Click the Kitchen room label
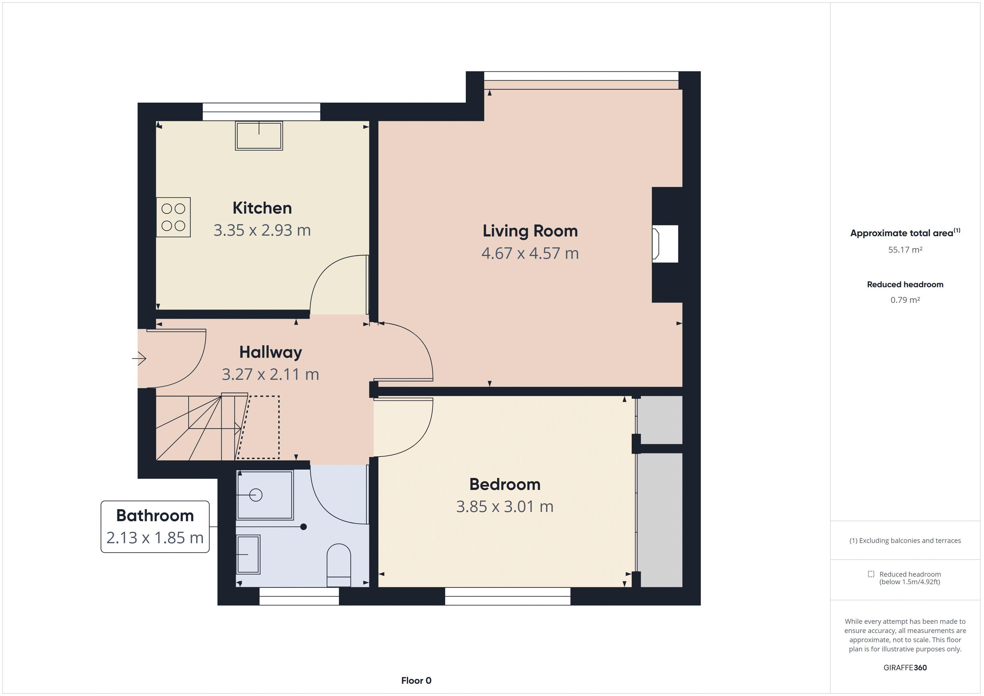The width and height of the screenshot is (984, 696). pyautogui.click(x=262, y=208)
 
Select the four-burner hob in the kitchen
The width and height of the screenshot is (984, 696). pyautogui.click(x=173, y=217)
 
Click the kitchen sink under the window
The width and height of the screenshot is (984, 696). pyautogui.click(x=259, y=136)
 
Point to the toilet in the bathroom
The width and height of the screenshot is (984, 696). pyautogui.click(x=339, y=565)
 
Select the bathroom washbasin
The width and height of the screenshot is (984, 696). pyautogui.click(x=248, y=554)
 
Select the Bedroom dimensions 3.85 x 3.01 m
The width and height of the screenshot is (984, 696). pyautogui.click(x=505, y=507)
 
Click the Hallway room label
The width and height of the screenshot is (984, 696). pyautogui.click(x=271, y=352)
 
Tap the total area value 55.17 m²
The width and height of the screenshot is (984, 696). pyautogui.click(x=905, y=250)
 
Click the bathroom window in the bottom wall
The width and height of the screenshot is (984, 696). pyautogui.click(x=299, y=596)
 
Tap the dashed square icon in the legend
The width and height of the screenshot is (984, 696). pyautogui.click(x=871, y=574)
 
